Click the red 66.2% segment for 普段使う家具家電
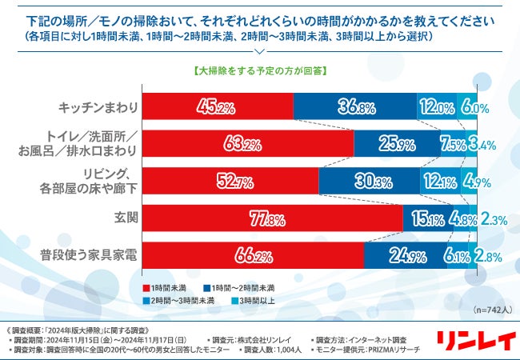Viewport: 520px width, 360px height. click(x=252, y=256)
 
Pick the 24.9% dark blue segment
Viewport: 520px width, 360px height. click(x=402, y=256)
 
